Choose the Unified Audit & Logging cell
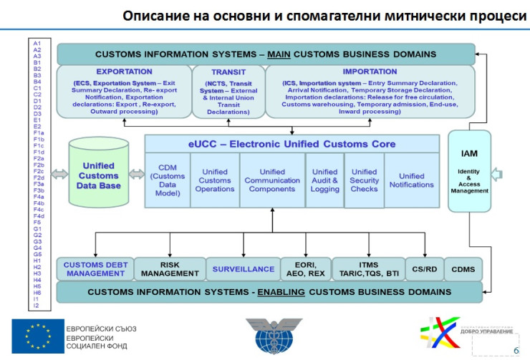pyautogui.click(x=324, y=180)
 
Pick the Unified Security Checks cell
pyautogui.click(x=364, y=180)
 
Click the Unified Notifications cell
pyautogui.click(x=412, y=180)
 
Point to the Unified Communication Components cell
pyautogui.click(x=271, y=180)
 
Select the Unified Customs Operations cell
pyautogui.click(x=214, y=180)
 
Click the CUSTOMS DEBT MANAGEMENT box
pyautogui.click(x=94, y=268)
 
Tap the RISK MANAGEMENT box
pyautogui.click(x=170, y=268)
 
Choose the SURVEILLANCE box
pyautogui.click(x=243, y=269)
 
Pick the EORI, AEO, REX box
pyautogui.click(x=307, y=268)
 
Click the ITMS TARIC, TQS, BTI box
pyautogui.click(x=368, y=268)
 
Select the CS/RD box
pyautogui.click(x=423, y=269)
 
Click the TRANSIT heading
pyautogui.click(x=228, y=72)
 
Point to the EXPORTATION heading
pyautogui.click(x=124, y=72)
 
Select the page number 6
pyautogui.click(x=516, y=350)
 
